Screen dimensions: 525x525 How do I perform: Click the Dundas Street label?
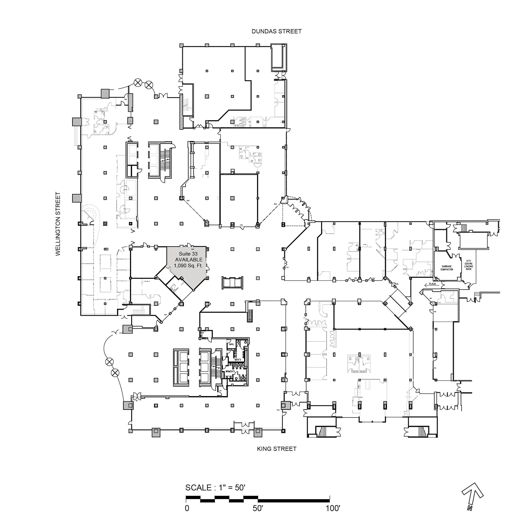[276, 31]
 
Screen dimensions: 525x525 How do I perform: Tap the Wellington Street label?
[58, 224]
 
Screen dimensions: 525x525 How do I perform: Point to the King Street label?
[276, 449]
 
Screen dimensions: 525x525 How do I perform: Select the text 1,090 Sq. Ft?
[188, 265]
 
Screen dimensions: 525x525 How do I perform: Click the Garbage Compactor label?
[447, 268]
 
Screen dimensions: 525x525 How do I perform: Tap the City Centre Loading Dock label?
[469, 265]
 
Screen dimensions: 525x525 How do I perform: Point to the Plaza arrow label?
[432, 284]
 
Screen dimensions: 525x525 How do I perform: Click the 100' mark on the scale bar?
[333, 508]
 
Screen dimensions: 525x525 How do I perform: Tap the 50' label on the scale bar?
[258, 508]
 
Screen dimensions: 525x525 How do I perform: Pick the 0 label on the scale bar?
[187, 508]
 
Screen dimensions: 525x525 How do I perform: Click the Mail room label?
[232, 344]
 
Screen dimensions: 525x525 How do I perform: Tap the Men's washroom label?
[238, 360]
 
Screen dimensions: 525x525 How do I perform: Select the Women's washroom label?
[230, 371]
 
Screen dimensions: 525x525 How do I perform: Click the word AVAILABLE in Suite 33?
[188, 260]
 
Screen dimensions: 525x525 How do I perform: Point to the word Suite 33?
[188, 254]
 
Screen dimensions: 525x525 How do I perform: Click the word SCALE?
[198, 488]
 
